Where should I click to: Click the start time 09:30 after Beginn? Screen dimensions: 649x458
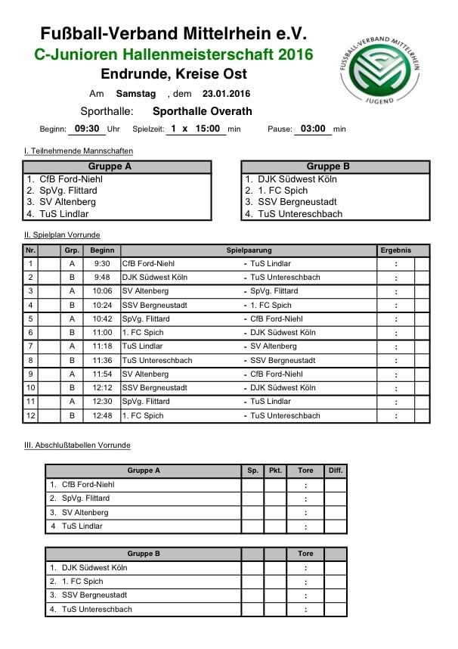(x=88, y=129)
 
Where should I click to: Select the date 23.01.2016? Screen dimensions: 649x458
(x=225, y=94)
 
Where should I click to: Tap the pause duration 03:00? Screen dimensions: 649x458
(x=312, y=129)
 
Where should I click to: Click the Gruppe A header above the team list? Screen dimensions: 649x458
(x=110, y=166)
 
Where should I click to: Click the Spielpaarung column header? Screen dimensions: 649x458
(x=248, y=250)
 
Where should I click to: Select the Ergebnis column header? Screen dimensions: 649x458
(x=395, y=250)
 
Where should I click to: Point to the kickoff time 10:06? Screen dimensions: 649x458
(x=101, y=291)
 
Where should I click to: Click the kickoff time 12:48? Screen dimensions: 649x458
(x=101, y=416)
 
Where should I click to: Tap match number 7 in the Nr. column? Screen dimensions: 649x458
(x=30, y=346)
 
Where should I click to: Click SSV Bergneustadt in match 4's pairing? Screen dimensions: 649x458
(x=154, y=305)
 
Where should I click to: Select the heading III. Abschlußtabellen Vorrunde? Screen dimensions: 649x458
(x=77, y=446)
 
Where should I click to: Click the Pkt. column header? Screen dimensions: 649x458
(x=275, y=470)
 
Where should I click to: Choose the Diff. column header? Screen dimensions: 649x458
(x=336, y=470)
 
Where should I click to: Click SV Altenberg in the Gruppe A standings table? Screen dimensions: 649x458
(x=85, y=512)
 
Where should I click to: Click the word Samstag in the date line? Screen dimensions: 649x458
(x=136, y=94)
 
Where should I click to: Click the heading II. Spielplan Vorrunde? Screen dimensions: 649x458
(x=62, y=235)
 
